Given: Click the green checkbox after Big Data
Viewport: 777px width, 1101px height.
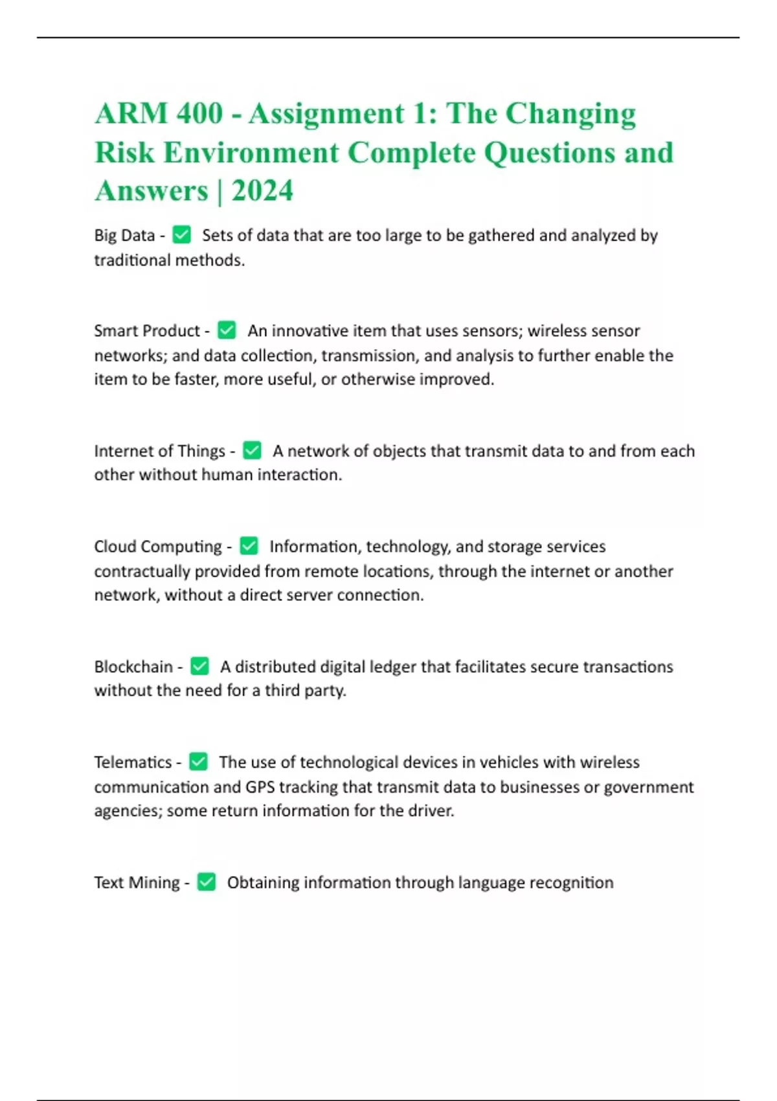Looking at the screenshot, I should (182, 234).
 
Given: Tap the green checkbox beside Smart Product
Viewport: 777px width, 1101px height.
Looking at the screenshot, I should (227, 330).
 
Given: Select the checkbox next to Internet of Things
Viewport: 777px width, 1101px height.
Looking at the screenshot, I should (252, 450).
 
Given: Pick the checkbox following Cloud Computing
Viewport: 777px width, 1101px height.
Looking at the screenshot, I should (249, 546).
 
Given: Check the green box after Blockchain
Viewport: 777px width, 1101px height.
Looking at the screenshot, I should (200, 666).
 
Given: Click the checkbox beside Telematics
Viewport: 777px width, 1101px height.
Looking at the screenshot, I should (198, 762).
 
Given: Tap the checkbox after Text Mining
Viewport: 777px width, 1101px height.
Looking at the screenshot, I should (207, 881).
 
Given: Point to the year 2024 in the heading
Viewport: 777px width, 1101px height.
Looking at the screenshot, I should (262, 191).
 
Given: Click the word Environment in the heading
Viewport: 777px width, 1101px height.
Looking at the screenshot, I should (251, 153).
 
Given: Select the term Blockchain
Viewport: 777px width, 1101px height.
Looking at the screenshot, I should (133, 666).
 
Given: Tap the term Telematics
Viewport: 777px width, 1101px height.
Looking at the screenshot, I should (133, 762).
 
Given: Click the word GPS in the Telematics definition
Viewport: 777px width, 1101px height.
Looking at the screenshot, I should (260, 787).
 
